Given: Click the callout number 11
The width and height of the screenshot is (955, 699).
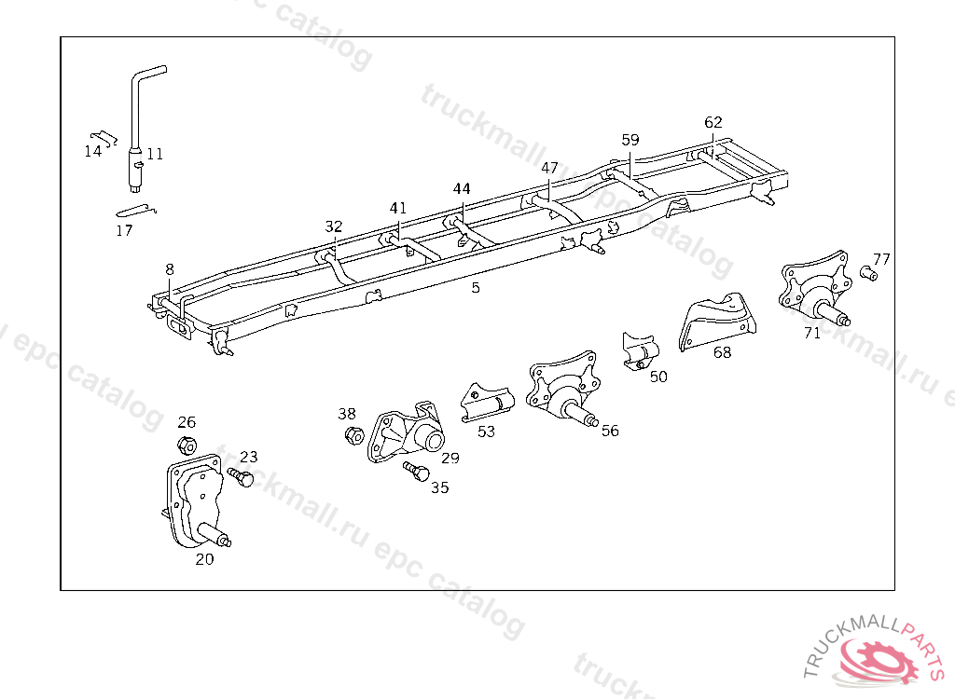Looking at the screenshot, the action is pyautogui.click(x=155, y=154).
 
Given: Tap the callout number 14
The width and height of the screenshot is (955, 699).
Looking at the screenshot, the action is pyautogui.click(x=92, y=151).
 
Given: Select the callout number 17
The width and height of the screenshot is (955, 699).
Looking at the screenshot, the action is pyautogui.click(x=124, y=230).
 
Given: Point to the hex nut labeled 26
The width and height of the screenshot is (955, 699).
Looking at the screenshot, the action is pyautogui.click(x=186, y=444).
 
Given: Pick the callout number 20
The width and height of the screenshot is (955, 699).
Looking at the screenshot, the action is pyautogui.click(x=204, y=559).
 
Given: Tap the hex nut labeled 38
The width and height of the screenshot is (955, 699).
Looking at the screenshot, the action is pyautogui.click(x=353, y=434).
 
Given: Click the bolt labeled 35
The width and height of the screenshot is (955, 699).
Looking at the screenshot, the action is pyautogui.click(x=415, y=471).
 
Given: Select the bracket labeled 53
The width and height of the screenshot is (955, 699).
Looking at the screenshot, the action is pyautogui.click(x=487, y=402).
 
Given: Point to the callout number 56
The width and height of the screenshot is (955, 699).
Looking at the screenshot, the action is pyautogui.click(x=610, y=431).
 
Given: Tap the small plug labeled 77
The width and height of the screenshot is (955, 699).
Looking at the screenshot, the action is pyautogui.click(x=866, y=274).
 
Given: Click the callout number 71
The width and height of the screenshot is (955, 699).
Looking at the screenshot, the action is pyautogui.click(x=812, y=333).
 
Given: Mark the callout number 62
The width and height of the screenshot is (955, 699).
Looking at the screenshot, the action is pyautogui.click(x=713, y=122).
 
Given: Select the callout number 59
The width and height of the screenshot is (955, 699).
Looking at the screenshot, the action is pyautogui.click(x=630, y=140).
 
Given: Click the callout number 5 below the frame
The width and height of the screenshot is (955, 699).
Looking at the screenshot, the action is pyautogui.click(x=476, y=288).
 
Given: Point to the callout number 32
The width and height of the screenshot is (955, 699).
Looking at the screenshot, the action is pyautogui.click(x=334, y=226).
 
